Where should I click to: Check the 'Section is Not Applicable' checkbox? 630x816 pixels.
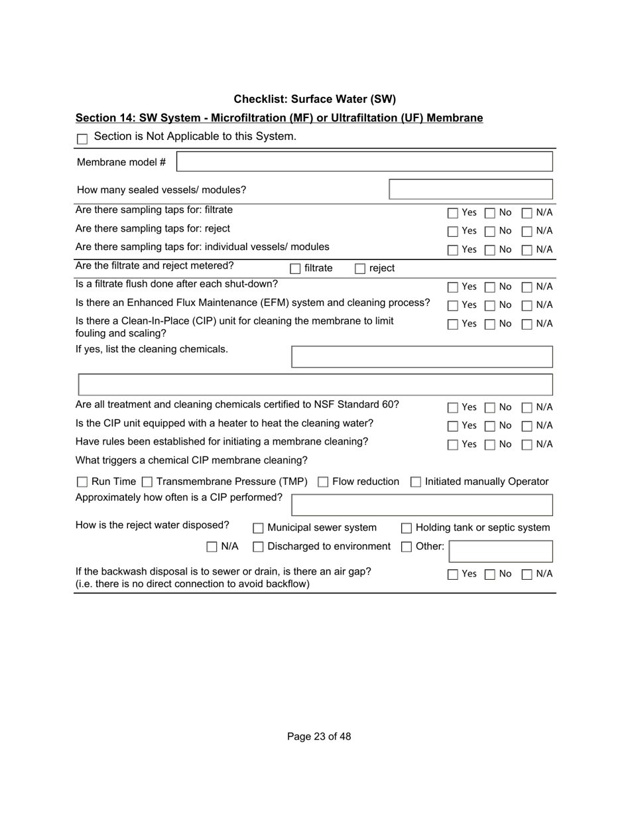[82, 139]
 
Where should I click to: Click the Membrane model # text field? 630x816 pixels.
[364, 162]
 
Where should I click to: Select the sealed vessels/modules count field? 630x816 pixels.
[470, 190]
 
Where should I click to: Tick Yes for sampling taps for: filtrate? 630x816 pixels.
[453, 213]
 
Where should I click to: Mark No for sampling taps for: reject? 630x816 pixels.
[490, 232]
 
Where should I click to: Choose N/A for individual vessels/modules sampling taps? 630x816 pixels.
[527, 250]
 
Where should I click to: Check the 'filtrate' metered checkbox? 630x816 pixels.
[295, 269]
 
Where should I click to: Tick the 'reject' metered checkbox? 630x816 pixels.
[360, 269]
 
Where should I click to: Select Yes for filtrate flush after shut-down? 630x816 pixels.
[453, 287]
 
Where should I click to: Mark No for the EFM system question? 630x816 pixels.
[490, 306]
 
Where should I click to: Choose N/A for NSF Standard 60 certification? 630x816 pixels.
[527, 407]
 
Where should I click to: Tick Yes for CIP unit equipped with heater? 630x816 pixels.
[453, 426]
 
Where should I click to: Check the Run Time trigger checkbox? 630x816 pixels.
[82, 482]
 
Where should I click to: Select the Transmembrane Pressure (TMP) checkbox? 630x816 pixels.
[147, 482]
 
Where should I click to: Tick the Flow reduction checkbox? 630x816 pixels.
[323, 482]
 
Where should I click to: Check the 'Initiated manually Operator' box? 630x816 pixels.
[416, 482]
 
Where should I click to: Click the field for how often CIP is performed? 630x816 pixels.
[422, 505]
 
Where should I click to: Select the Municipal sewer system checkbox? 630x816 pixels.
[258, 528]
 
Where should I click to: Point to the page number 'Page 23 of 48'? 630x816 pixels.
[319, 736]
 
